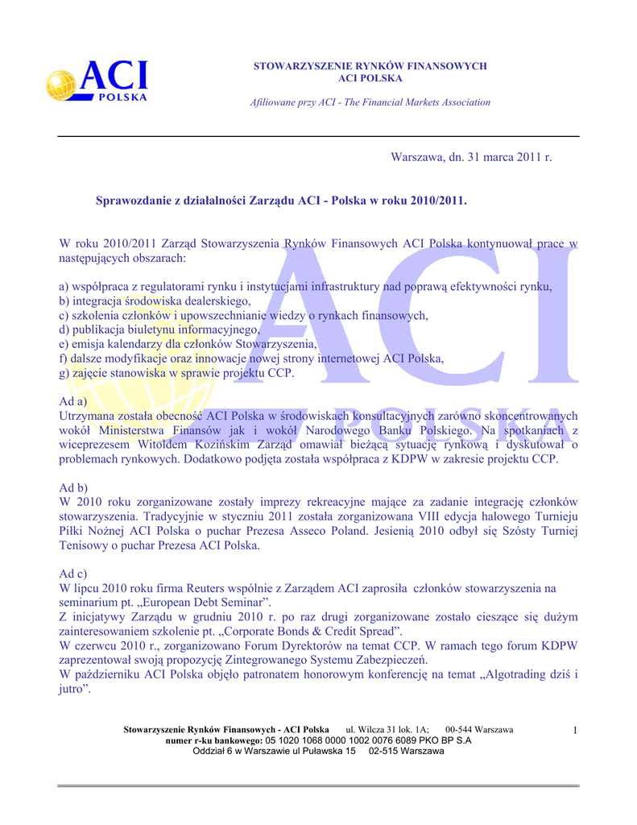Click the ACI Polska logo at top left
pyautogui.click(x=97, y=82)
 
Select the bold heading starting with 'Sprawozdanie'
pyautogui.click(x=281, y=198)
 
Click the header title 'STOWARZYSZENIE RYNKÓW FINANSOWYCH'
pyautogui.click(x=370, y=65)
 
